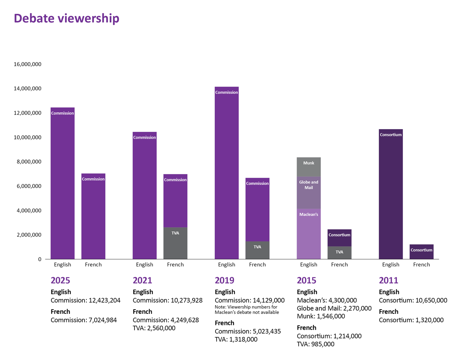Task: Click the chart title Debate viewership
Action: pos(66,18)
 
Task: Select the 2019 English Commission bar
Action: pos(227,173)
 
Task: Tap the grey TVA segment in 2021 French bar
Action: pos(175,243)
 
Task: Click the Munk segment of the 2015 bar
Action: pos(308,167)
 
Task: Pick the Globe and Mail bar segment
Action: pos(308,192)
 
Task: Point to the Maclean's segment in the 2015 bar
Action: pos(308,234)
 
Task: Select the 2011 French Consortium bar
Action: pos(421,252)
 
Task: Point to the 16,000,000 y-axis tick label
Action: pos(27,64)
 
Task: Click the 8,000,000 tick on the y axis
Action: pos(27,162)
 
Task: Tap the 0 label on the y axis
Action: pos(39,259)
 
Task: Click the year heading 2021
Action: pos(143,280)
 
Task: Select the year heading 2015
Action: pos(307,280)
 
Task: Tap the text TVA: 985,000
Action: pos(316,344)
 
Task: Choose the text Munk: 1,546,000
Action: pos(321,316)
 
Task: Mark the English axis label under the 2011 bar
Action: pos(391,265)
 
